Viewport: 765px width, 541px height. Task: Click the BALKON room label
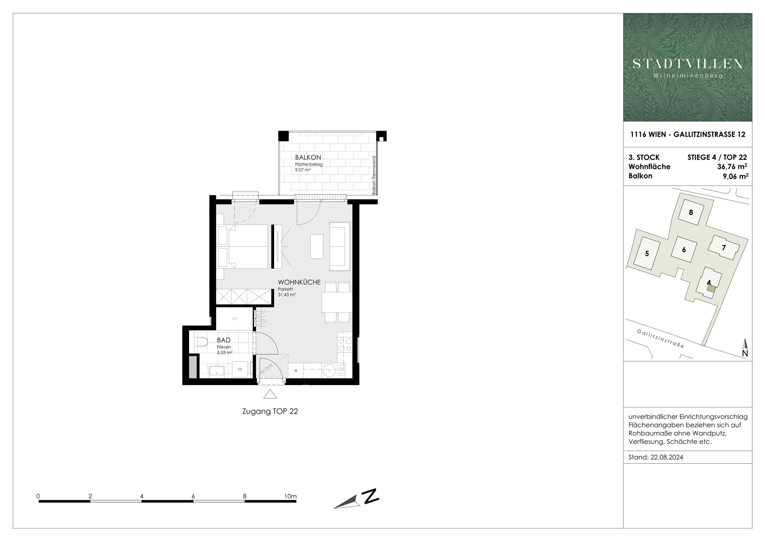tap(308, 157)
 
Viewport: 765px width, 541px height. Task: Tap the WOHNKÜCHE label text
tap(299, 282)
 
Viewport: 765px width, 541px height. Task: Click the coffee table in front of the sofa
tap(317, 246)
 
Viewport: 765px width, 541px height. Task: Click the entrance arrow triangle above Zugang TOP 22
tap(270, 394)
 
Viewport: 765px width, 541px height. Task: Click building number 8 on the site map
tap(691, 212)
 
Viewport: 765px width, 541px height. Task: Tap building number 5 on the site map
tap(647, 254)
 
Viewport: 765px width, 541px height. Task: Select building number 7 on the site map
tap(724, 247)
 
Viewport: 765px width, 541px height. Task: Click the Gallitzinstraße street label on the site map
tap(661, 338)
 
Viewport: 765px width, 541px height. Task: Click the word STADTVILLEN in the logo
tap(688, 64)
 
